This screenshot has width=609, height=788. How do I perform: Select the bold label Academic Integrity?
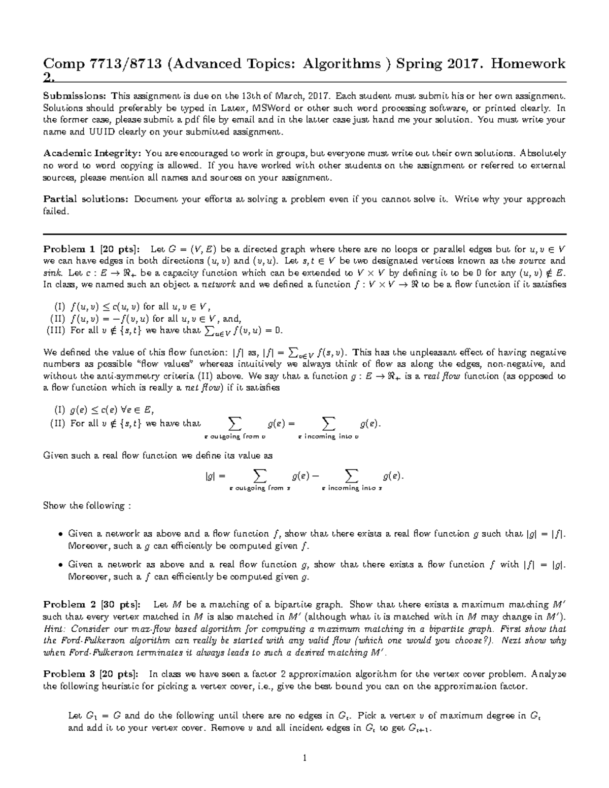pyautogui.click(x=93, y=153)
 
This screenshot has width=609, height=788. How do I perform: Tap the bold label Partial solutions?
pyautogui.click(x=86, y=199)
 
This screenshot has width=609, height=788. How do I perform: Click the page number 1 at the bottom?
pyautogui.click(x=304, y=759)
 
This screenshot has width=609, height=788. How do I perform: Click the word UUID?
pyautogui.click(x=104, y=132)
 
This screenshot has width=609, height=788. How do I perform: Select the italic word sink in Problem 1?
pyautogui.click(x=52, y=272)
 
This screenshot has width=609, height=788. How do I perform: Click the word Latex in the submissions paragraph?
pyautogui.click(x=231, y=108)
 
